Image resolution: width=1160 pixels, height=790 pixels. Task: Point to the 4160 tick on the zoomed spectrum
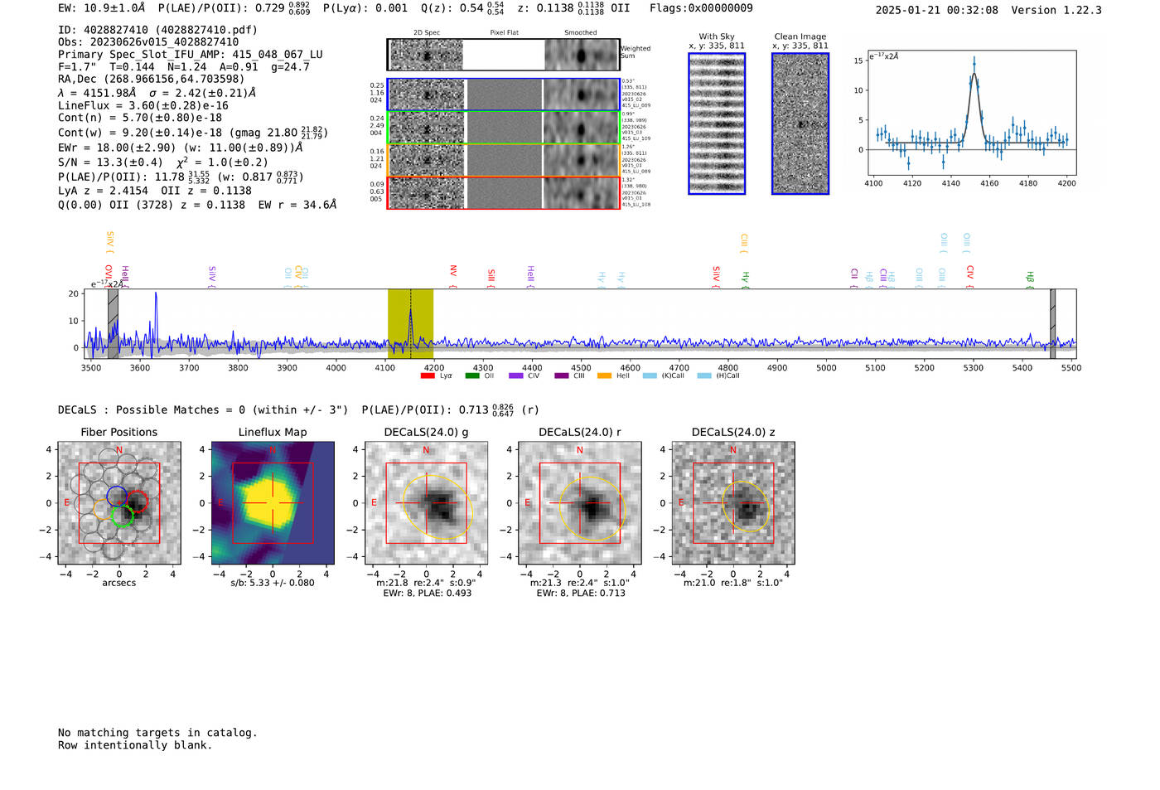989,183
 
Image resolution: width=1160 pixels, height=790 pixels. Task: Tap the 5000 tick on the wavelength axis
826,367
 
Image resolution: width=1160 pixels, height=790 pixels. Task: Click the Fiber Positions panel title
118,432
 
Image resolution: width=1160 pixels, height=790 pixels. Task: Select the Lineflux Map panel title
273,432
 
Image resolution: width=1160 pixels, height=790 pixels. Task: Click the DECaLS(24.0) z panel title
732,432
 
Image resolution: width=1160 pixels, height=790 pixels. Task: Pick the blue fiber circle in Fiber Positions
117,497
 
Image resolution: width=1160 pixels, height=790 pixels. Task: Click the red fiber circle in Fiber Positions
138,501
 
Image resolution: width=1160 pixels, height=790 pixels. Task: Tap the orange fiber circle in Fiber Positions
104,509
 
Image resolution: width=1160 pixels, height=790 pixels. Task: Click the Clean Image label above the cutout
800,36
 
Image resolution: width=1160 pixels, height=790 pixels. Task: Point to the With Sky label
716,36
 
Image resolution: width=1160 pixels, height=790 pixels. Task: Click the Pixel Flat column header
504,33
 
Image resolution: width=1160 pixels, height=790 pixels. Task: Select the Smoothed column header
580,33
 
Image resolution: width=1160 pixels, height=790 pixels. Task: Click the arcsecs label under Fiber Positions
118,583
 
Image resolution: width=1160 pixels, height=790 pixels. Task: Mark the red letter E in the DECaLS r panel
528,503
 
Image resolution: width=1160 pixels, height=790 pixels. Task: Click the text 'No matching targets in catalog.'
157,733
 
